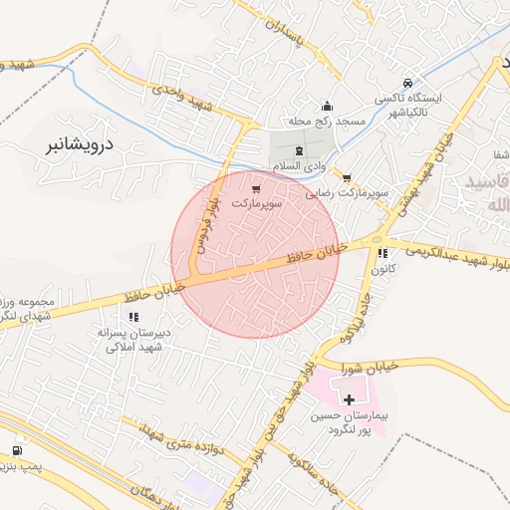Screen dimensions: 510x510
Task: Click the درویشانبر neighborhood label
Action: tap(82, 144)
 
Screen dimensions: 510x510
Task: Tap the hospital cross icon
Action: tap(349, 398)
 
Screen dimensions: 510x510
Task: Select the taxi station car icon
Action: tap(406, 84)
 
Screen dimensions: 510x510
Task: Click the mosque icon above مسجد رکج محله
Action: tap(326, 107)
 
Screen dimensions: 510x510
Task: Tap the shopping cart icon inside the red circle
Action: tap(258, 188)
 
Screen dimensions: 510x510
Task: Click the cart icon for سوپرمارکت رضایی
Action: tap(347, 178)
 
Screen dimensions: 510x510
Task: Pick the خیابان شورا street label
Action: tap(372, 367)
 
